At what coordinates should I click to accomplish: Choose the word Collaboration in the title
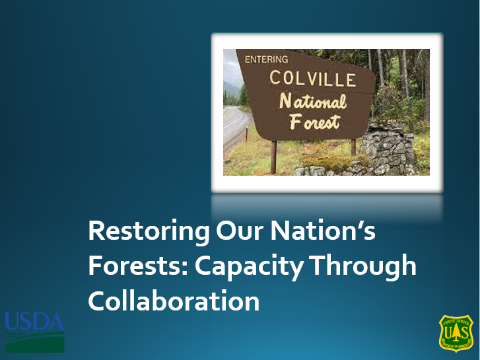[174, 301]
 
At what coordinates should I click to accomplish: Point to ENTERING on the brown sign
[267, 59]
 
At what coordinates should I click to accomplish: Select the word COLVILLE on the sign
[313, 79]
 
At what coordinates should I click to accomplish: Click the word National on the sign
[313, 101]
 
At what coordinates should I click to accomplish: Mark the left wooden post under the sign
[273, 157]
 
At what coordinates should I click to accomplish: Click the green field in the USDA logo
[34, 343]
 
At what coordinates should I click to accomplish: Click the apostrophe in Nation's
[361, 225]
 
